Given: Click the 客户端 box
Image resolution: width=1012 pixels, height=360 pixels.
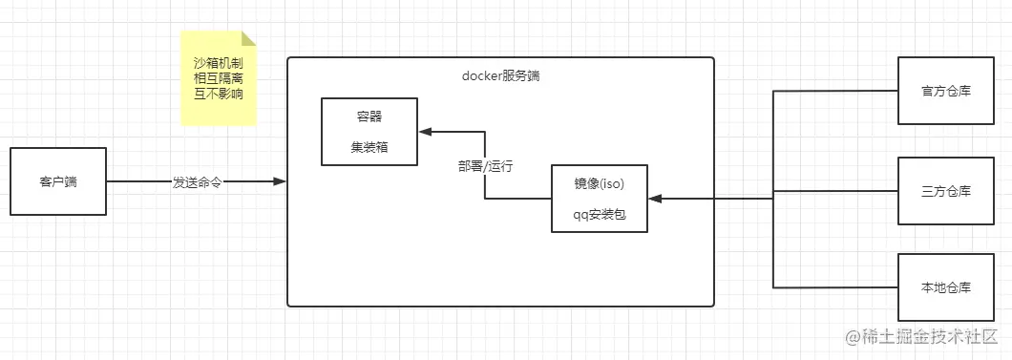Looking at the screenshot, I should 58,180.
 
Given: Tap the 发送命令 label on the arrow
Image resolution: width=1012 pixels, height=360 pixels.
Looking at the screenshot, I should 197,181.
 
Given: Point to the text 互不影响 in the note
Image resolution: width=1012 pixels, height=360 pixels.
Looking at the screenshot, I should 219,94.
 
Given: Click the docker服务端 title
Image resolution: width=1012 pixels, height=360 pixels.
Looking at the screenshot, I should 500,75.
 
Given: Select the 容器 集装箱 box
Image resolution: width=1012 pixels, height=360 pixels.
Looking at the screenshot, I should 369,131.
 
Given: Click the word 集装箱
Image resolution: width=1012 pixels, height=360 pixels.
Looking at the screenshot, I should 369,147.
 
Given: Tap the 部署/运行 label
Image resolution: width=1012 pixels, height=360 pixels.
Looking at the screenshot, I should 486,165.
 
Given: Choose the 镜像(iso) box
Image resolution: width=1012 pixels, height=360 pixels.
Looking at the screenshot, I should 600,199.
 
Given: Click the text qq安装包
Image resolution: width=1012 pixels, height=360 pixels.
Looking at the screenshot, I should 600,215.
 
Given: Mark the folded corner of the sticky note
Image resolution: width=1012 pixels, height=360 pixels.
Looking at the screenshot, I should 249,38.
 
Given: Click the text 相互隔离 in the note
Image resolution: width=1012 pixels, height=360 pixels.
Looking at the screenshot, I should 219,78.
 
